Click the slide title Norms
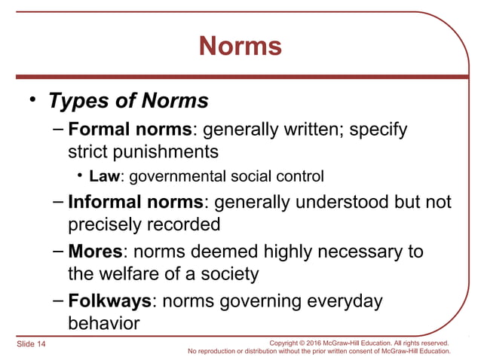pos(240,47)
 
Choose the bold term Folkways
pos(110,301)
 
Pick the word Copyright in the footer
pos(293,343)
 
